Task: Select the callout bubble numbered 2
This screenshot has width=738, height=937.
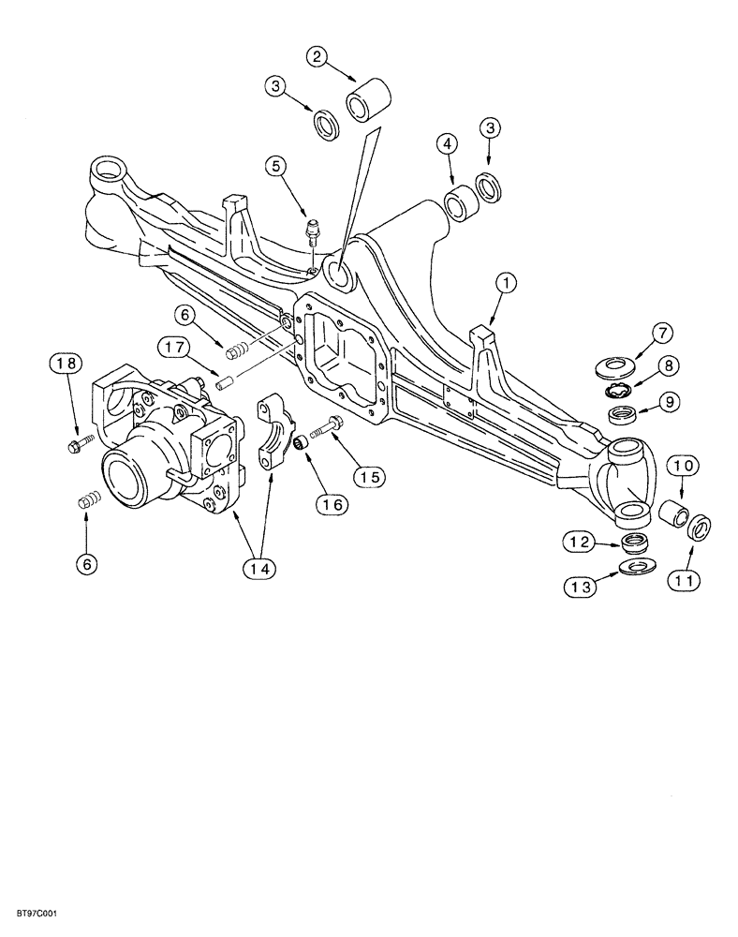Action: (318, 58)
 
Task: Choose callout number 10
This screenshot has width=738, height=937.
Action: (681, 466)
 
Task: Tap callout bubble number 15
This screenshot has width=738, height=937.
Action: (367, 475)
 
